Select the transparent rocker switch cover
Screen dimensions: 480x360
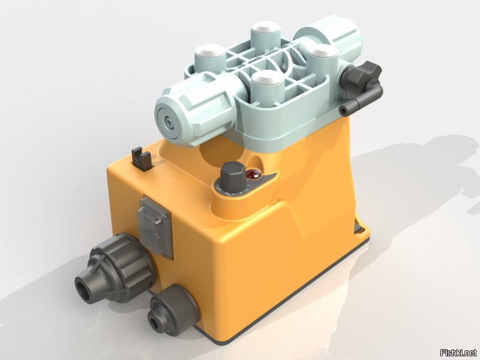[155, 227]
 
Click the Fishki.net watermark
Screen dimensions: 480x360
[458, 352]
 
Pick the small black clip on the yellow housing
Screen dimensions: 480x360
[141, 158]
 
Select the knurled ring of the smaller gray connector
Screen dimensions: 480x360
[178, 308]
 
